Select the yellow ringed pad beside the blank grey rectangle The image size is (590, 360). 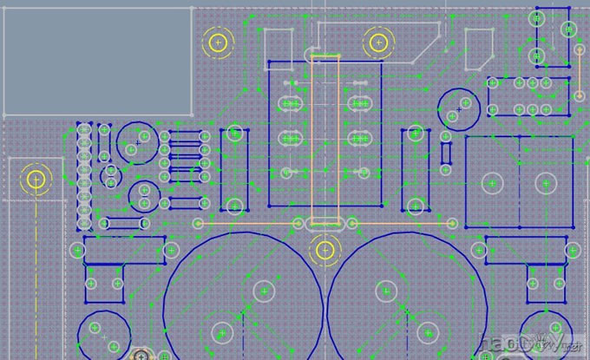click(x=218, y=42)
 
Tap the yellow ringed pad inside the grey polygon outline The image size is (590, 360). click(x=377, y=41)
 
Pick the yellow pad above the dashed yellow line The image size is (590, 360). click(x=36, y=180)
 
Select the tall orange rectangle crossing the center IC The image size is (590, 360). click(x=324, y=139)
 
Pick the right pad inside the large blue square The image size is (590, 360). click(x=545, y=182)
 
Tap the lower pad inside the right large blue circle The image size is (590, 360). click(x=429, y=331)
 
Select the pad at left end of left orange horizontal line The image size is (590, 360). click(x=198, y=223)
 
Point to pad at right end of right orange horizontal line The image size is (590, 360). click(x=451, y=223)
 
